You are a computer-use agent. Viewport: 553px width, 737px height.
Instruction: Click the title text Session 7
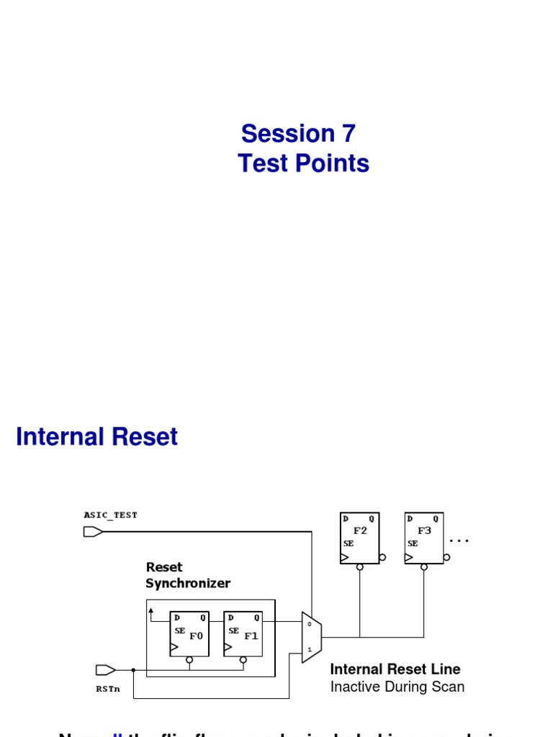(298, 133)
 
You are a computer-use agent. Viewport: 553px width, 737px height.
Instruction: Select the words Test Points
(303, 164)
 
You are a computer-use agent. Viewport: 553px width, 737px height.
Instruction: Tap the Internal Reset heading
(96, 437)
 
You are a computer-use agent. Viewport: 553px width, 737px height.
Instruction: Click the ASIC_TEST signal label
(110, 515)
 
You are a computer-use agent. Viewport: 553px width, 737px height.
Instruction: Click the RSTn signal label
(108, 689)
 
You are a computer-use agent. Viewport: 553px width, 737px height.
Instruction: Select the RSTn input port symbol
(105, 670)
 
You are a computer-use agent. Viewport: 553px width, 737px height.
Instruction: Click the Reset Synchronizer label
(187, 575)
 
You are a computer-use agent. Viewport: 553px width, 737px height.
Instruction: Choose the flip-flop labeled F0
(189, 633)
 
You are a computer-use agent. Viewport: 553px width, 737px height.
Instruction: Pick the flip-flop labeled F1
(243, 633)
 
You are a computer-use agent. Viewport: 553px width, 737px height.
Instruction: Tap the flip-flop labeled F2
(359, 538)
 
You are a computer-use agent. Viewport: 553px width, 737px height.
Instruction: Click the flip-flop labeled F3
(423, 538)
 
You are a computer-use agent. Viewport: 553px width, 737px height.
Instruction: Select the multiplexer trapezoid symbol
(311, 637)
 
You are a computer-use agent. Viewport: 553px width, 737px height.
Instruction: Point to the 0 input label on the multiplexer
(309, 624)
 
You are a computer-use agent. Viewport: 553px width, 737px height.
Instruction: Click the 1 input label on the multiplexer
(309, 650)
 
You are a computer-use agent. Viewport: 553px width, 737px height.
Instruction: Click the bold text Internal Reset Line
(395, 669)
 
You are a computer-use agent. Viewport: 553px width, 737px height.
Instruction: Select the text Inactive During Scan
(397, 687)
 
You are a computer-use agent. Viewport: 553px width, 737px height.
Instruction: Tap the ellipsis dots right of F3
(459, 539)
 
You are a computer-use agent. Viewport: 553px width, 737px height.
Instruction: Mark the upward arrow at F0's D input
(151, 611)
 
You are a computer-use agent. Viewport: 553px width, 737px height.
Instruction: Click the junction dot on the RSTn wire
(133, 670)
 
